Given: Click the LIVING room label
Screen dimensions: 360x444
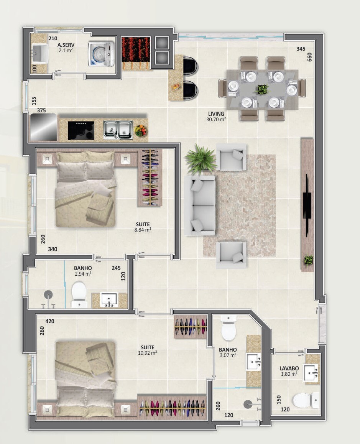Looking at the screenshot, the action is tap(216, 114).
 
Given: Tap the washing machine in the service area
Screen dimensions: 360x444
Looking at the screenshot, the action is tap(101, 54).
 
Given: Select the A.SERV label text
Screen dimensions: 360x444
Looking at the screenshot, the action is tap(66, 45).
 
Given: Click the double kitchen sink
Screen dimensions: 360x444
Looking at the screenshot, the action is tap(118, 130).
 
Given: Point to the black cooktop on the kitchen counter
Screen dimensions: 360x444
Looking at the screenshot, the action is tap(81, 130).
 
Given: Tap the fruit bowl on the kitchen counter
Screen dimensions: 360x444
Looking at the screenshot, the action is tap(140, 130).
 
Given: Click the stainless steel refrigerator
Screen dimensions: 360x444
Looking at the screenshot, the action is tap(44, 127).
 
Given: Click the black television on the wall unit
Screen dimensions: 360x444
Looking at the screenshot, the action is tap(307, 205).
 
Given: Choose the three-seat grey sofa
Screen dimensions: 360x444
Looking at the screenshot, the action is tap(200, 205).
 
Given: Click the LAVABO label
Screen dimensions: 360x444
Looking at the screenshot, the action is tap(289, 368).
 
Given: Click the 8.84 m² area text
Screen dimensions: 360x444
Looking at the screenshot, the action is tap(143, 230).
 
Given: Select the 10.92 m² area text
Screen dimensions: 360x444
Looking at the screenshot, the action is tap(147, 353).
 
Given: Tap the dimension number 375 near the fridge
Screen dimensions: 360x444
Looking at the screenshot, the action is tap(41, 110).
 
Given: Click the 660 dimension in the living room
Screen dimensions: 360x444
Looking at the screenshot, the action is tap(309, 57).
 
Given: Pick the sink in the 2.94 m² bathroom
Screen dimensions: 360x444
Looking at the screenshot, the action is tap(109, 300).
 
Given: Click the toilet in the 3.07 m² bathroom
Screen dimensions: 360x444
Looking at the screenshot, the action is tap(228, 328).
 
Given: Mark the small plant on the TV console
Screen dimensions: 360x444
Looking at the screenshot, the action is tap(309, 260).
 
